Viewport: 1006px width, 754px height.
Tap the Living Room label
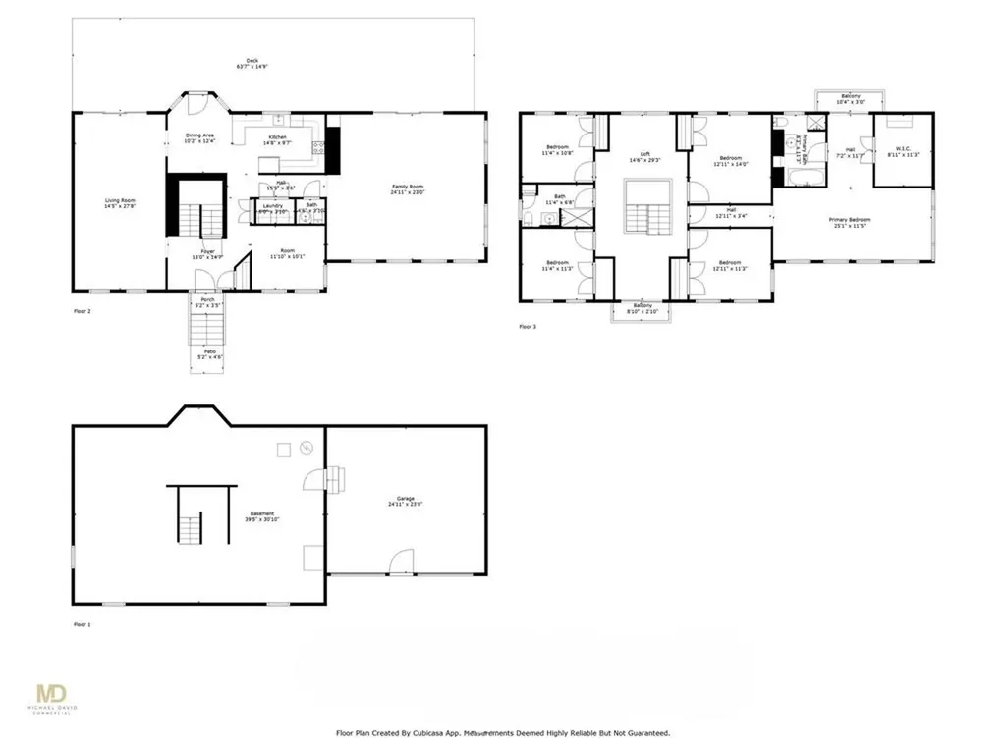click(x=120, y=202)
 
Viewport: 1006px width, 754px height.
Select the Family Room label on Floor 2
click(x=408, y=188)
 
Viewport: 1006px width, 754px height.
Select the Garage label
click(x=405, y=502)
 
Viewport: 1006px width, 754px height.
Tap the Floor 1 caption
click(x=83, y=623)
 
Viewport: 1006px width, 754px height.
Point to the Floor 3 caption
click(x=529, y=326)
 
